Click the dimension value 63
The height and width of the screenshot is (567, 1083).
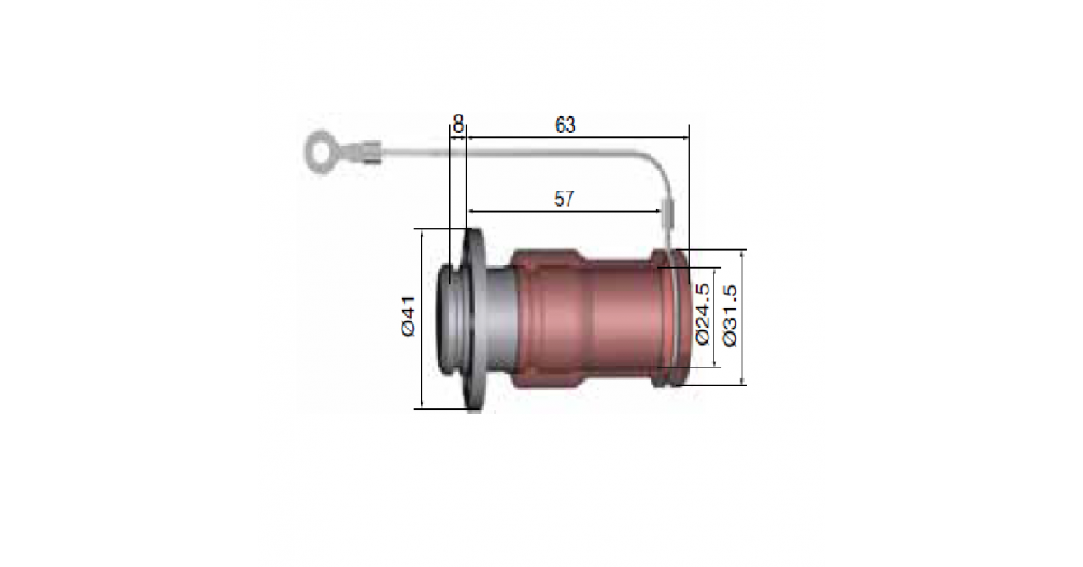565,125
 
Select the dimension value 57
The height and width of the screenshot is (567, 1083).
564,199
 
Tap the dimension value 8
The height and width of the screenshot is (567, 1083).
458,124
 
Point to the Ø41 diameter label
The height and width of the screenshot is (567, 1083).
408,316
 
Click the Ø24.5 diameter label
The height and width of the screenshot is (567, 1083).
702,314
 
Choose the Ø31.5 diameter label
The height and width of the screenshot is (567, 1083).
729,315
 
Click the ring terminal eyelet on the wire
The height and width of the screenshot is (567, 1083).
320,152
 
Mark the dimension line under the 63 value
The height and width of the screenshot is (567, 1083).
578,138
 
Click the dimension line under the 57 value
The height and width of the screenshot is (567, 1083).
564,211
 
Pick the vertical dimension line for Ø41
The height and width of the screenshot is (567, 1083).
422,320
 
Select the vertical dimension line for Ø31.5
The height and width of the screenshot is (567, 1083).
742,318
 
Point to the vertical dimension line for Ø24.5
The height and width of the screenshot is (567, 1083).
715,318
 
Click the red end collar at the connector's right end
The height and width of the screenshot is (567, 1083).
671,318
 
